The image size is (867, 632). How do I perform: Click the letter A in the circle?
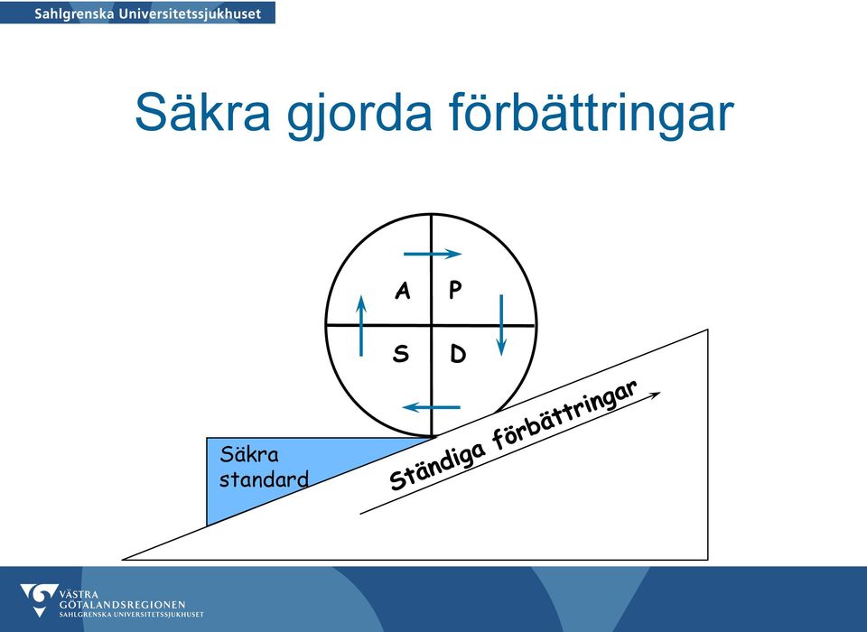(403, 291)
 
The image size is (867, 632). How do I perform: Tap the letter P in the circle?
(455, 290)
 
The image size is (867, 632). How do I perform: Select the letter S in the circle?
(401, 353)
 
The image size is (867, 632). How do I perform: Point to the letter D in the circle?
(458, 354)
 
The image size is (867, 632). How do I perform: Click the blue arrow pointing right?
(433, 254)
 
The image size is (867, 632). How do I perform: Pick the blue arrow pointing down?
(501, 325)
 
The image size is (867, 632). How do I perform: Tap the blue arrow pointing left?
(432, 407)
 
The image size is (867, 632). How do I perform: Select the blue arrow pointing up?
(361, 326)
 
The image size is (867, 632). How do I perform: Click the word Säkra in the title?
(203, 112)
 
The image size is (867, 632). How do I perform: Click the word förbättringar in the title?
(591, 112)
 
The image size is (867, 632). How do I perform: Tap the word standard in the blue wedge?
(264, 479)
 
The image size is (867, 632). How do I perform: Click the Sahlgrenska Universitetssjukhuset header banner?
(137, 12)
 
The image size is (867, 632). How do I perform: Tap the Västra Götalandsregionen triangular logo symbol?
(39, 599)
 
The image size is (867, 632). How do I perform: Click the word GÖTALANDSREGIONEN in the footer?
(122, 605)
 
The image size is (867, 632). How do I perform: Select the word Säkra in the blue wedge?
(249, 454)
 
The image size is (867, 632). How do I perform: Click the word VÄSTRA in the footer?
(79, 595)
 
